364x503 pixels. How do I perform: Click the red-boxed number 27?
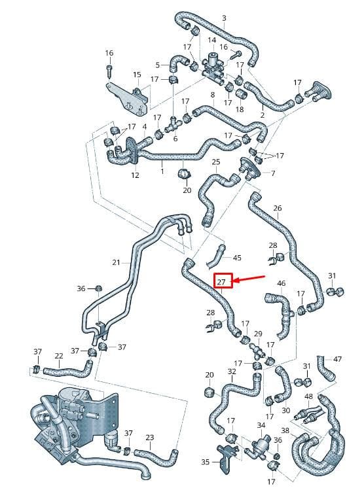click(x=221, y=282)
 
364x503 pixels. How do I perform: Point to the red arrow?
click(x=248, y=279)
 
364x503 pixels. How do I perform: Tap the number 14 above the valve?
click(x=212, y=40)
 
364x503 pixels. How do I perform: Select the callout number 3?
click(x=224, y=18)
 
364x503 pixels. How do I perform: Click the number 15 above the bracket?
click(x=137, y=75)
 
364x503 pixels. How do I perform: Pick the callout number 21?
click(x=116, y=262)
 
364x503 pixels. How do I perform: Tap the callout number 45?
click(x=237, y=258)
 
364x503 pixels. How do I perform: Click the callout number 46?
click(x=282, y=284)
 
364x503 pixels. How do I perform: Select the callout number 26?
click(x=278, y=208)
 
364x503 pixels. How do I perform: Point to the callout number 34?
click(x=261, y=425)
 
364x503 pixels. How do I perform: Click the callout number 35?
click(x=206, y=462)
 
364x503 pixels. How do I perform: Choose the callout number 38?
click(x=285, y=430)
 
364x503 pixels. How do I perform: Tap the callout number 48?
click(x=308, y=397)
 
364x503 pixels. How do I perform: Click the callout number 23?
click(x=149, y=437)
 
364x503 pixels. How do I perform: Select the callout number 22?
click(x=59, y=356)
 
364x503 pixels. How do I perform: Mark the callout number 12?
click(x=135, y=175)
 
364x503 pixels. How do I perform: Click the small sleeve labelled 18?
click(x=242, y=94)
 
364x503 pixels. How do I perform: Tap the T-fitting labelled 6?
click(x=173, y=124)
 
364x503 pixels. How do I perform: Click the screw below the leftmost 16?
click(x=109, y=70)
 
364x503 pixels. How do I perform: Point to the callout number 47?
click(x=337, y=359)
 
